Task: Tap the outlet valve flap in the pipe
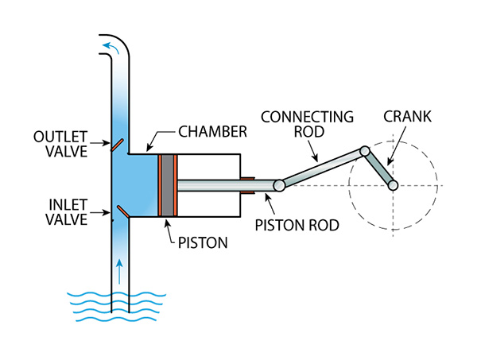(x=117, y=146)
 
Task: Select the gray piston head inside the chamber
(x=168, y=185)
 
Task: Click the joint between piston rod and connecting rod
(x=280, y=185)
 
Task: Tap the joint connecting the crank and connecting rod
(x=364, y=151)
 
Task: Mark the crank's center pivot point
(x=392, y=185)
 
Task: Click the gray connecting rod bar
(x=322, y=168)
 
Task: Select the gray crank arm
(x=378, y=168)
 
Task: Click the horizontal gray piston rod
(x=227, y=185)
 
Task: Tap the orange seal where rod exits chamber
(x=247, y=185)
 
